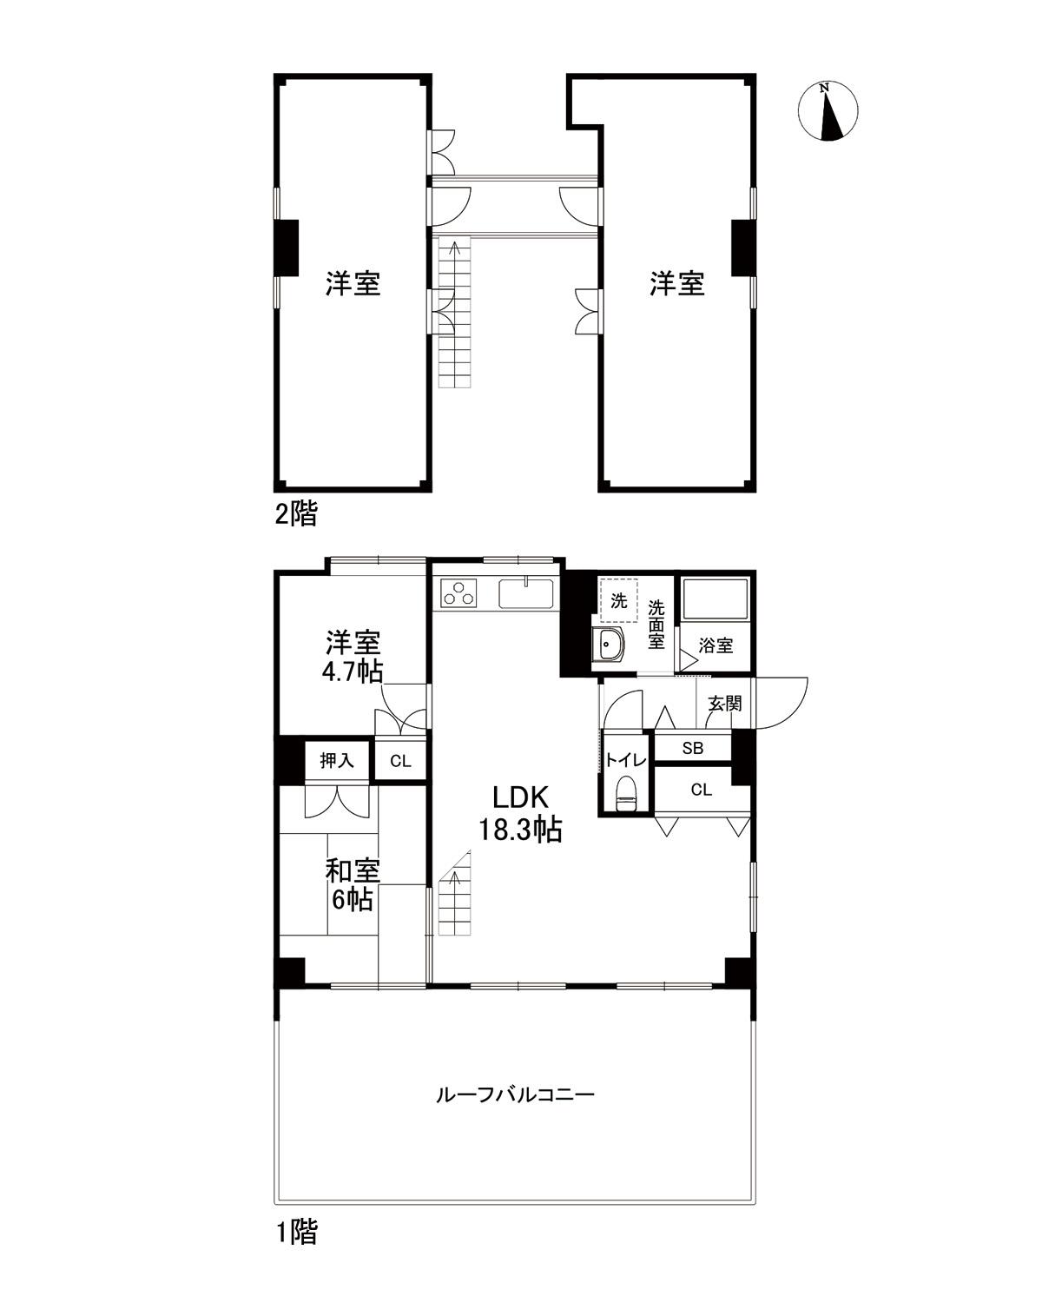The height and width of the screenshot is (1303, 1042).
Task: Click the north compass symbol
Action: (x=828, y=111)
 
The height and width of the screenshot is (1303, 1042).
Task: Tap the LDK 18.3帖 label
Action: (x=520, y=813)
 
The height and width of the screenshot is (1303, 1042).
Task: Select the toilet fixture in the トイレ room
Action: (x=625, y=794)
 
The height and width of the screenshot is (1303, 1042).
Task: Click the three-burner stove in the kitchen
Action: (x=459, y=595)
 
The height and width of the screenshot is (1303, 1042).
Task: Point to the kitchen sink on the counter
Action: (x=526, y=594)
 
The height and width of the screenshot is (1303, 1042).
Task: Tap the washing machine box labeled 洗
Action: (x=618, y=600)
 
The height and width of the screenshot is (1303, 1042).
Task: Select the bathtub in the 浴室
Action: (x=715, y=599)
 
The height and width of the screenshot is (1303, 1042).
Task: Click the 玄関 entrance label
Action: (x=724, y=703)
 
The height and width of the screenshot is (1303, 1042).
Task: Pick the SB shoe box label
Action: (x=692, y=747)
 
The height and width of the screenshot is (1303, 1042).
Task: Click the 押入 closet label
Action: (x=337, y=761)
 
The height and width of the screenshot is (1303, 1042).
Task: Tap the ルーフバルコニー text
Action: (x=515, y=1095)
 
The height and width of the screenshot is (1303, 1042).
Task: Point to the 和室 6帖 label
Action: (x=352, y=884)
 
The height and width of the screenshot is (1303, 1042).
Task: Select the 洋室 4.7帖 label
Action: (x=353, y=658)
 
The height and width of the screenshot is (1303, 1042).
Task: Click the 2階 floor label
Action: (x=296, y=514)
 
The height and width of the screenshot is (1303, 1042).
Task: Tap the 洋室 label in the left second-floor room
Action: (x=353, y=283)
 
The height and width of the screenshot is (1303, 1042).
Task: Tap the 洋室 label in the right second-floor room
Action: (x=677, y=283)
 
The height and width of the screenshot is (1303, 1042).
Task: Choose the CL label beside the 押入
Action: (x=399, y=762)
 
